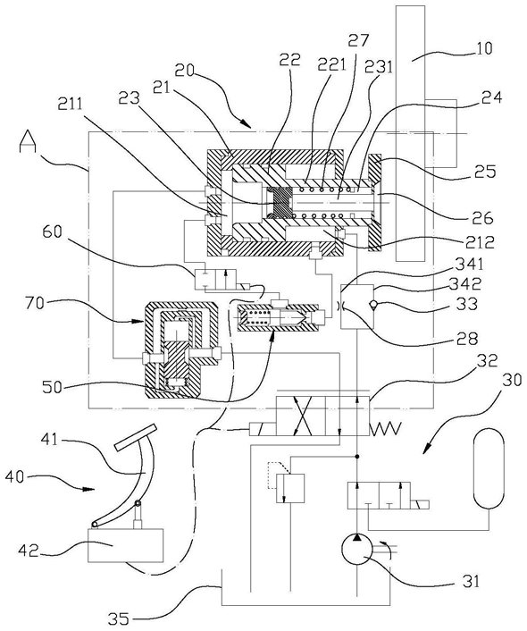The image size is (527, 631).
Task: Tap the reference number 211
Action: coord(71,105)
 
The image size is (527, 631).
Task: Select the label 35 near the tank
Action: coord(118,618)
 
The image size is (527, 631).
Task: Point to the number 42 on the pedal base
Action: coord(29,550)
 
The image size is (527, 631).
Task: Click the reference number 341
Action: coord(472,265)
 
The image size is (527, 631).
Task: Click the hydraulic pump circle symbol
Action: coord(357,550)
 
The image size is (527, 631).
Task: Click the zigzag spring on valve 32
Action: coord(385,428)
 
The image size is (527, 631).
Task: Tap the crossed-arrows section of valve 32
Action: coord(300,416)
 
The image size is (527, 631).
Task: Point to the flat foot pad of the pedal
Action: coord(135,437)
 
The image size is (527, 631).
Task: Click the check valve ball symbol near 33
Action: coord(373,305)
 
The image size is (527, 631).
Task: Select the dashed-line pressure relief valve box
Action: coord(289,487)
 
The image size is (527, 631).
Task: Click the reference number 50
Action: coord(53,387)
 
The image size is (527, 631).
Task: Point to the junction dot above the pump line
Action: coord(356,457)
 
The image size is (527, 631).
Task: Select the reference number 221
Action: coord(332,64)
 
